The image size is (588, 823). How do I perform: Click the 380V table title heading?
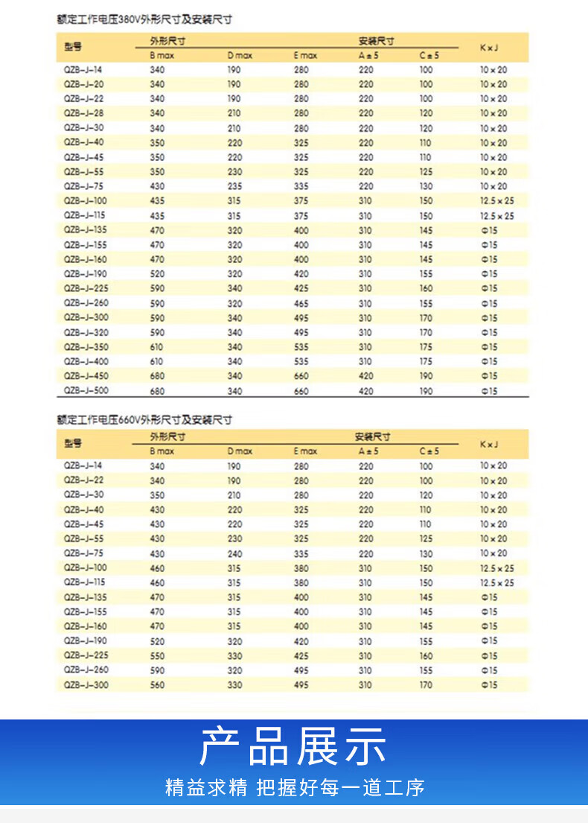(x=144, y=19)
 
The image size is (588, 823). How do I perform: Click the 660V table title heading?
(x=144, y=420)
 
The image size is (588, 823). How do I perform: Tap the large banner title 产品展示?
(x=293, y=746)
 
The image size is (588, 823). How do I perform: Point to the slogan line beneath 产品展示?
(x=294, y=787)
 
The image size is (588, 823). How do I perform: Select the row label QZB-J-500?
(x=85, y=390)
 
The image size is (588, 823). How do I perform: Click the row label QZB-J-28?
(x=83, y=113)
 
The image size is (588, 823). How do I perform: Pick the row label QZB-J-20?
(x=83, y=84)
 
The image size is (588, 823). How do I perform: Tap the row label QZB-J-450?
(x=85, y=376)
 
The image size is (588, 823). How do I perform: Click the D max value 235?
(x=234, y=186)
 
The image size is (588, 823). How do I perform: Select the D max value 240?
(x=234, y=553)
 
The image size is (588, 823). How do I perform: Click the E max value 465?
(x=301, y=303)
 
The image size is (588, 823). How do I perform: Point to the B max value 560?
(x=157, y=684)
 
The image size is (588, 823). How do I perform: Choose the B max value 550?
(x=157, y=655)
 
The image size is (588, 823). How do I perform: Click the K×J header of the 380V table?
(x=489, y=48)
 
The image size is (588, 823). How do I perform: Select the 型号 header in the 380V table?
(x=73, y=48)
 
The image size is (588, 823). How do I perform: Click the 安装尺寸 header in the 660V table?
(x=374, y=437)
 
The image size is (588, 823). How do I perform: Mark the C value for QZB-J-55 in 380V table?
(x=426, y=171)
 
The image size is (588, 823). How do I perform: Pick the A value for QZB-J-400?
(x=365, y=361)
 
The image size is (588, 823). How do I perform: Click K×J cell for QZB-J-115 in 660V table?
(x=496, y=582)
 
